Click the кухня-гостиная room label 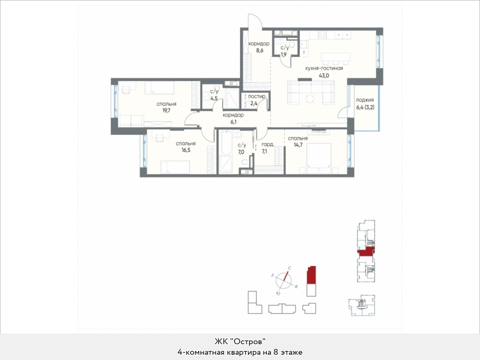click(324, 68)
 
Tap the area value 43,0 click(324, 76)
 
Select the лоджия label click(365, 100)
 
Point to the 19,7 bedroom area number click(166, 110)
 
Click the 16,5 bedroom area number click(186, 150)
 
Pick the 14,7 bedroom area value click(298, 145)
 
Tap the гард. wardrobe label click(267, 144)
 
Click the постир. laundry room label click(257, 97)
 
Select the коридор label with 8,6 click(259, 43)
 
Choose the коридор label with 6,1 click(233, 115)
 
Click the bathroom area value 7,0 click(242, 152)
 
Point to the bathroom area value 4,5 click(214, 98)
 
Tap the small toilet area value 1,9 click(284, 55)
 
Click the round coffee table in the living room click(310, 99)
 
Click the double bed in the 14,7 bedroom click(319, 158)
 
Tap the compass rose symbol click(284, 281)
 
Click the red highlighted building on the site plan click(311, 275)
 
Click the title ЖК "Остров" click(239, 341)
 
